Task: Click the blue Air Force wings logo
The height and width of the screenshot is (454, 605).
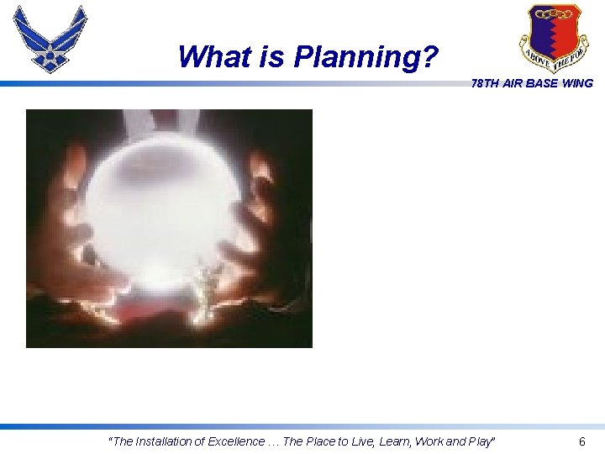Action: tap(50, 38)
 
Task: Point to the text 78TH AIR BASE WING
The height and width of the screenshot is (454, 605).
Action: tap(532, 83)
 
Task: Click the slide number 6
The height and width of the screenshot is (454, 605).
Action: tap(581, 441)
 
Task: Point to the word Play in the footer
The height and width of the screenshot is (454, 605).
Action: tap(481, 441)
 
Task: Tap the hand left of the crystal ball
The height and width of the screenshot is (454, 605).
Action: tap(67, 227)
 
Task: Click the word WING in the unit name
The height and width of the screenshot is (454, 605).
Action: tap(577, 83)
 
